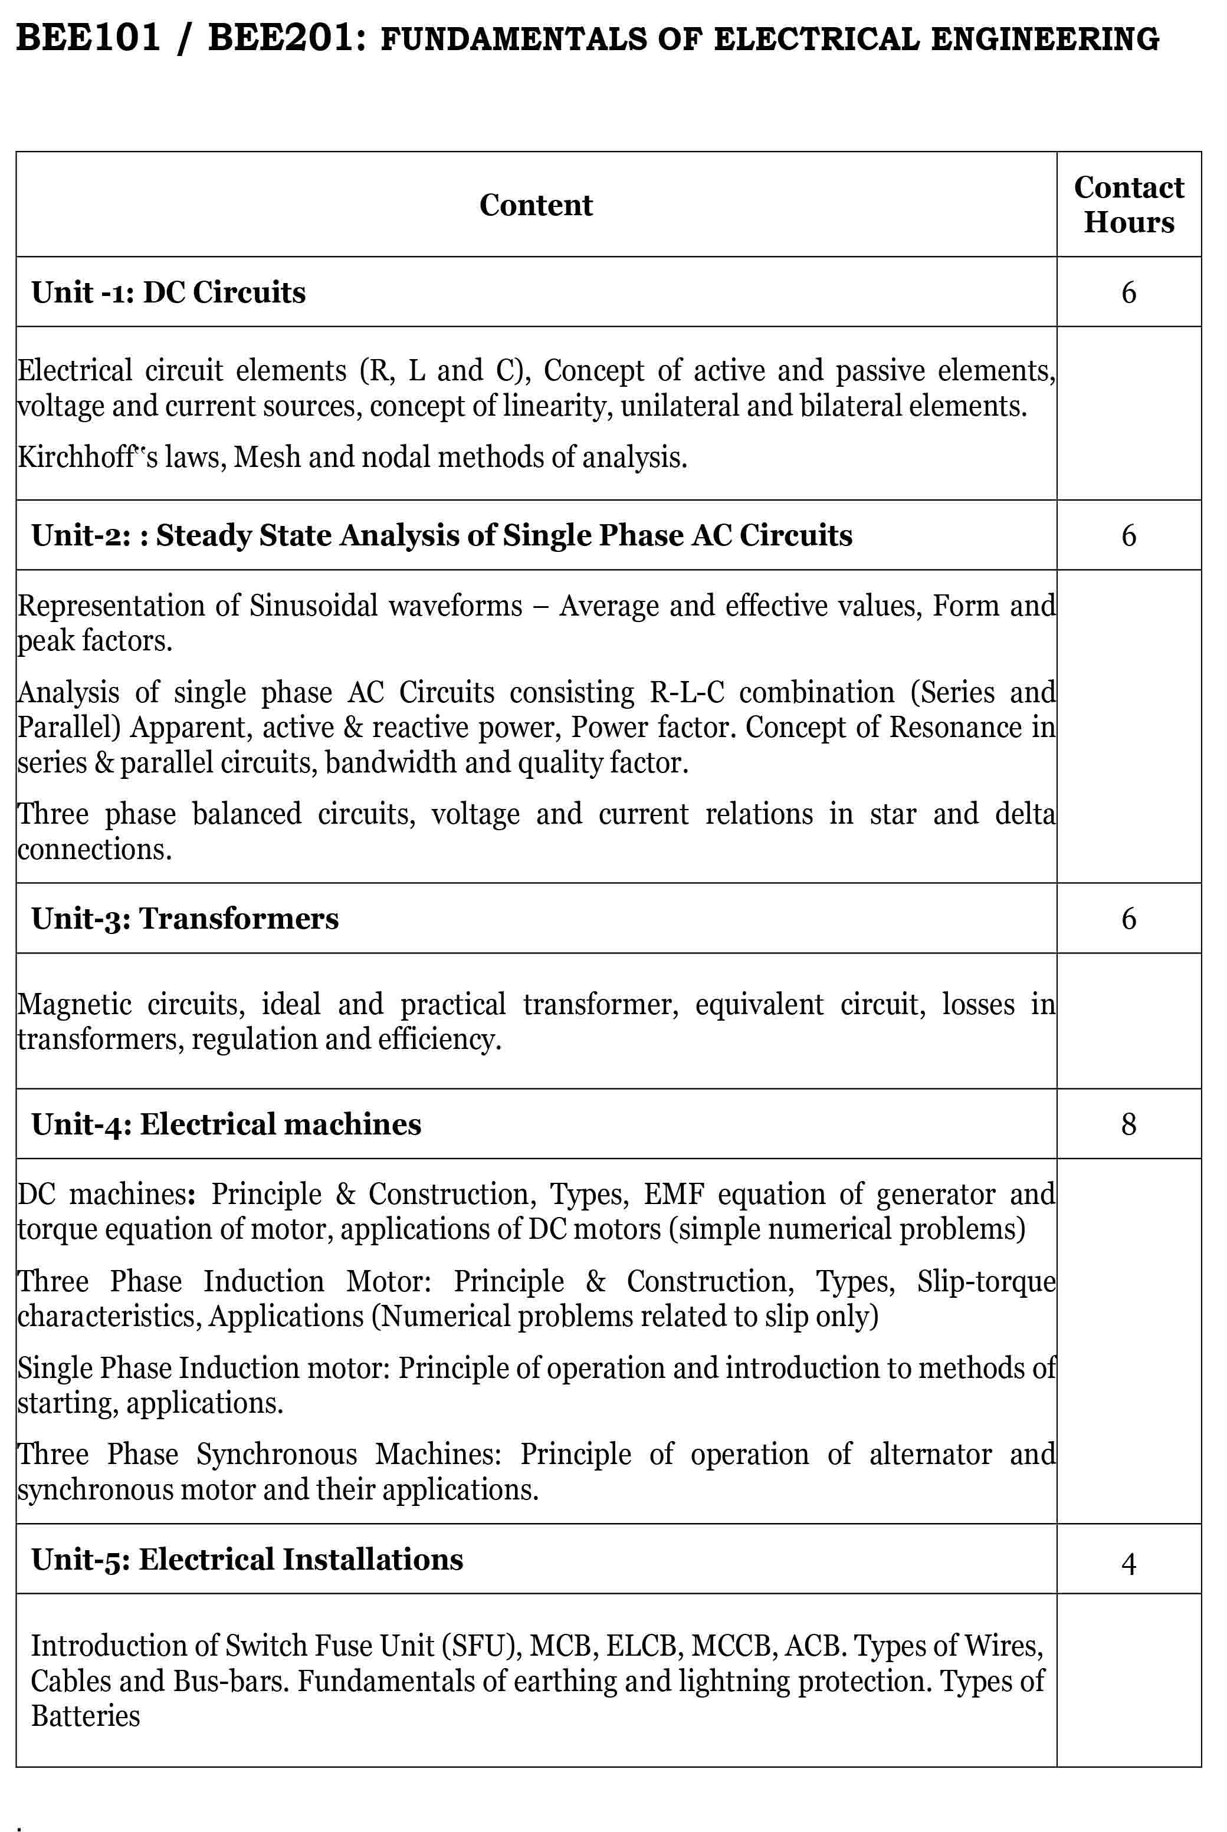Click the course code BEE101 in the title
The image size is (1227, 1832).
coord(88,38)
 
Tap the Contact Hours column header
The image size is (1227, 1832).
coord(1128,205)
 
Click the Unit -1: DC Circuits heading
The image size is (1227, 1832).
coord(168,292)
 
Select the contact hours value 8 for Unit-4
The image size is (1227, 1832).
coord(1128,1124)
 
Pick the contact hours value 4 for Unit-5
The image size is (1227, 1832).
coord(1128,1564)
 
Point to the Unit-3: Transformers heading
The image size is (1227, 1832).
coord(185,918)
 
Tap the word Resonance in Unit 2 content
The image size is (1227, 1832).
coord(954,728)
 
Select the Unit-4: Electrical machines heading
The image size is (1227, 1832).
coord(226,1124)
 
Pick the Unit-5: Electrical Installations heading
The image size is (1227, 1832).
coord(247,1560)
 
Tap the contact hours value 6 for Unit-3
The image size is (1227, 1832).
coord(1128,918)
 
